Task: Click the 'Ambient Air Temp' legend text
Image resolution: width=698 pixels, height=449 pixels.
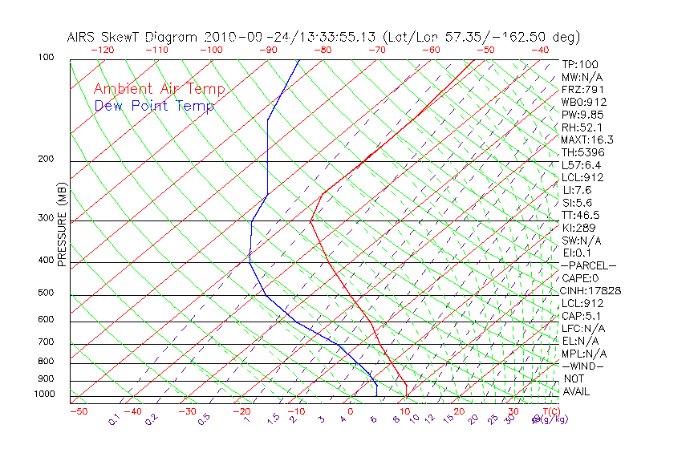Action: [159, 90]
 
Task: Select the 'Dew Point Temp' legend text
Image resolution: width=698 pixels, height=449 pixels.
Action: [154, 107]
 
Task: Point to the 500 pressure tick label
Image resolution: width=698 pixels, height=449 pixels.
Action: [47, 293]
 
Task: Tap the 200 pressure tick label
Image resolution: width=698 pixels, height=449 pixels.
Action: [47, 159]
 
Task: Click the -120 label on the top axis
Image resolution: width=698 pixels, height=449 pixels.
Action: [102, 50]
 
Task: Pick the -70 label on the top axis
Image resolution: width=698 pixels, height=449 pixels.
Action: [376, 50]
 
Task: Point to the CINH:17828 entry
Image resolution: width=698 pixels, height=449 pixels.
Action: [592, 290]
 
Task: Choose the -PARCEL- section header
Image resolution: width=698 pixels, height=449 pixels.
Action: [588, 265]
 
